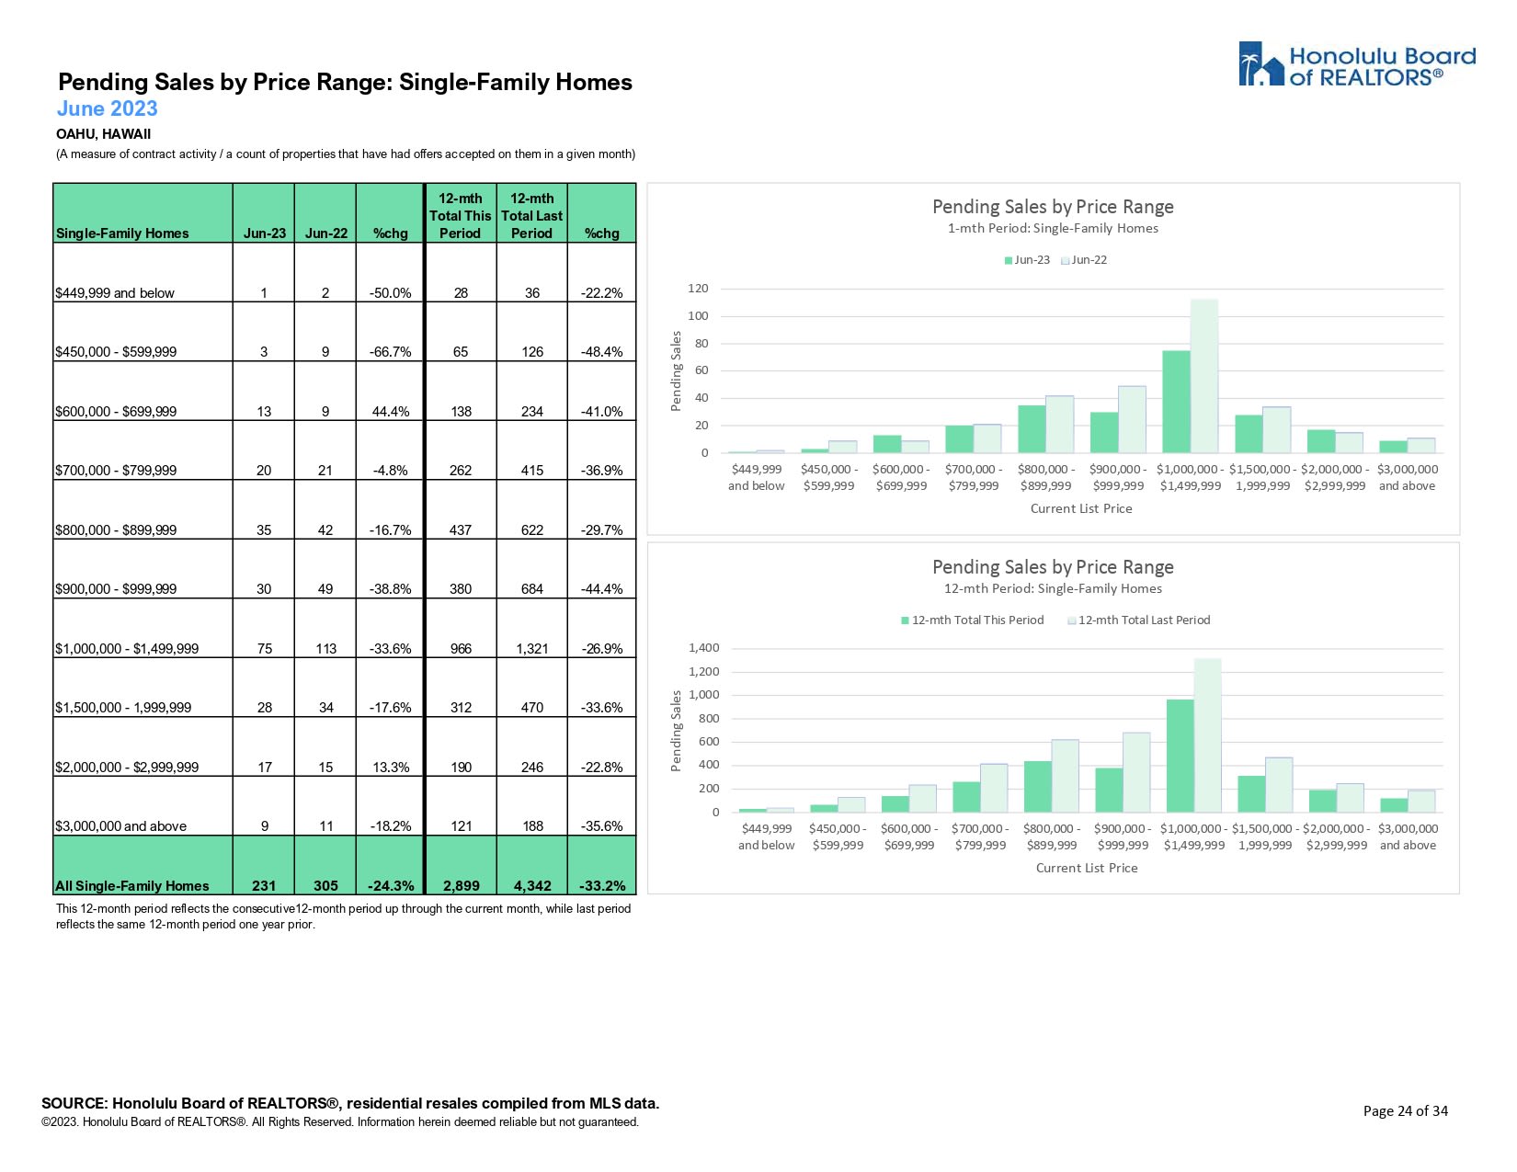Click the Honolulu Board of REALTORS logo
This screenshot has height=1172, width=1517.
[x=1356, y=65]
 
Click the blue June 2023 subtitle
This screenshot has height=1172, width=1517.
[x=108, y=108]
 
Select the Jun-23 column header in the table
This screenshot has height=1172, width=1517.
[x=264, y=233]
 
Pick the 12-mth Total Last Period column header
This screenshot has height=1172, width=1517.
[x=531, y=216]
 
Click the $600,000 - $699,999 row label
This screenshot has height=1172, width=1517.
[x=116, y=412]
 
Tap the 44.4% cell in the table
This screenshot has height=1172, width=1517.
[x=391, y=412]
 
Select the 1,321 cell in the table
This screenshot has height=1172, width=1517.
[x=532, y=649]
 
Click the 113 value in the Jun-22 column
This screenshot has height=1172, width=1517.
[x=325, y=649]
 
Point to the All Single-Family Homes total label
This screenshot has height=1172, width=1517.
[x=132, y=886]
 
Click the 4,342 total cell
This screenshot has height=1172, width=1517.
[x=532, y=886]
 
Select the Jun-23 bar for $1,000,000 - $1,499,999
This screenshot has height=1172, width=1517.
[x=1176, y=402]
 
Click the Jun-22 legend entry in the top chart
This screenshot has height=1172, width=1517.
[x=1085, y=260]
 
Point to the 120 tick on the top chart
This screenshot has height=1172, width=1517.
[x=698, y=289]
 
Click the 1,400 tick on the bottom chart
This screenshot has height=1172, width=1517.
[x=703, y=648]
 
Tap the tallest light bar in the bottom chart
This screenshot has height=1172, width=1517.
[x=1208, y=735]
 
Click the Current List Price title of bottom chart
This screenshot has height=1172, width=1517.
[x=1087, y=868]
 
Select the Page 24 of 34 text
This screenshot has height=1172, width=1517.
[x=1405, y=1111]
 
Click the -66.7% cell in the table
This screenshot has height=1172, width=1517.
[x=391, y=352]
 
